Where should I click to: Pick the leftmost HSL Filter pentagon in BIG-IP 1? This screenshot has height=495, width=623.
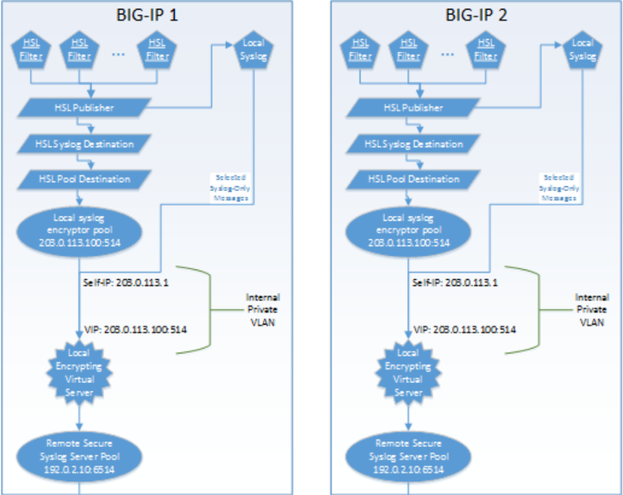pyautogui.click(x=30, y=49)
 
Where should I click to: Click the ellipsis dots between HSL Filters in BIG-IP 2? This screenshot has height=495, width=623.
pyautogui.click(x=446, y=53)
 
